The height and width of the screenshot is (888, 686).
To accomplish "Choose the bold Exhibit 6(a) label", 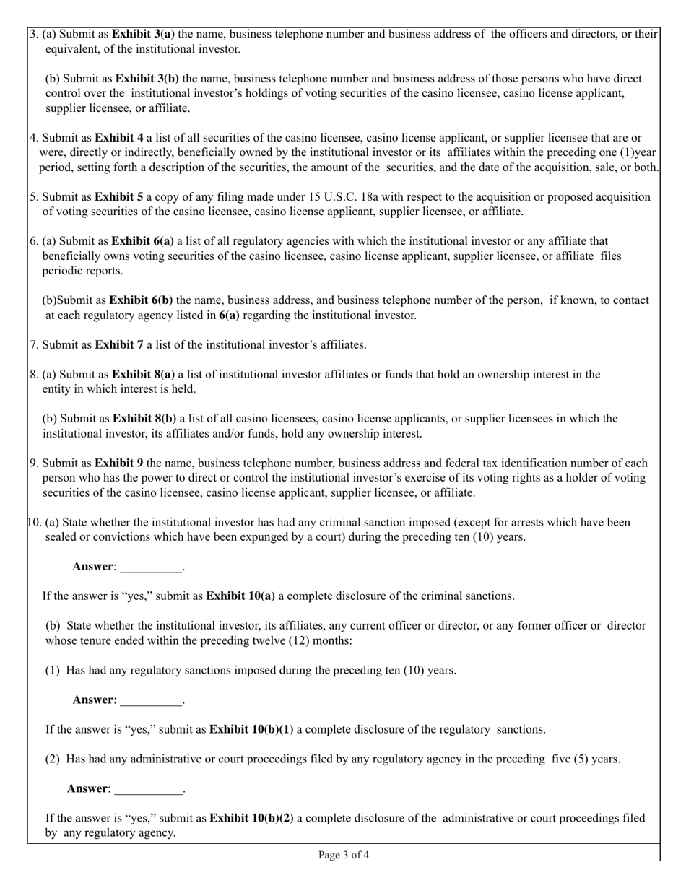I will [x=143, y=241].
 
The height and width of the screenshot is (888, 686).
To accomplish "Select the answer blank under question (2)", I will [x=149, y=788].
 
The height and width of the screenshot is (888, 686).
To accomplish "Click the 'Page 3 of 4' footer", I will [x=344, y=856].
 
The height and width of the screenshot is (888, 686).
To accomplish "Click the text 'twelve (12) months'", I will [x=303, y=641].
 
